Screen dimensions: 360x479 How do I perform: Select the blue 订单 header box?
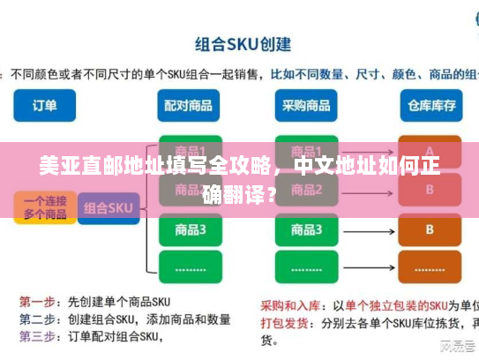45,105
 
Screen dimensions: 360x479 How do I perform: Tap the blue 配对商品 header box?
188,105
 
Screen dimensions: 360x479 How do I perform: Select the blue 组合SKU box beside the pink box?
108,208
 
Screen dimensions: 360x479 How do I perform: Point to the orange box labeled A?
430,151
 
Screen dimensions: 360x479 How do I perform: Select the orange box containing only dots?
430,268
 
